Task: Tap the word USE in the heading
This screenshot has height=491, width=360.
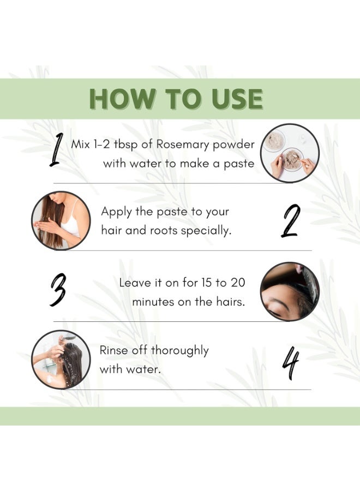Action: pos(237,99)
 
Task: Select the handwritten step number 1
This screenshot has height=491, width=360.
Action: pos(57,149)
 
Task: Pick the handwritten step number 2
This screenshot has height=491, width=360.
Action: pos(290,221)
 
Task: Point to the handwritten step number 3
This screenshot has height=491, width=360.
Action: pos(58,290)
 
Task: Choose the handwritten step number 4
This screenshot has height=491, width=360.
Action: pos(291,363)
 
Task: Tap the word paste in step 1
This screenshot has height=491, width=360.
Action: pos(239,164)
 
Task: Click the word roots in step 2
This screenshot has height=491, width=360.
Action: pos(164,231)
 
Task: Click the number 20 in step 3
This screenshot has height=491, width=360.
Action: pos(238,283)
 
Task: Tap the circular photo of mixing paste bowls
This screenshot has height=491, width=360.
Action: pos(290,153)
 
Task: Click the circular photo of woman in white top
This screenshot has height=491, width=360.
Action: pos(61,220)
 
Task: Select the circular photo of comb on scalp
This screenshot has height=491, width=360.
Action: pos(290,291)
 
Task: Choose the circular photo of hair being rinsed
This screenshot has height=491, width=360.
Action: pos(61,360)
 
